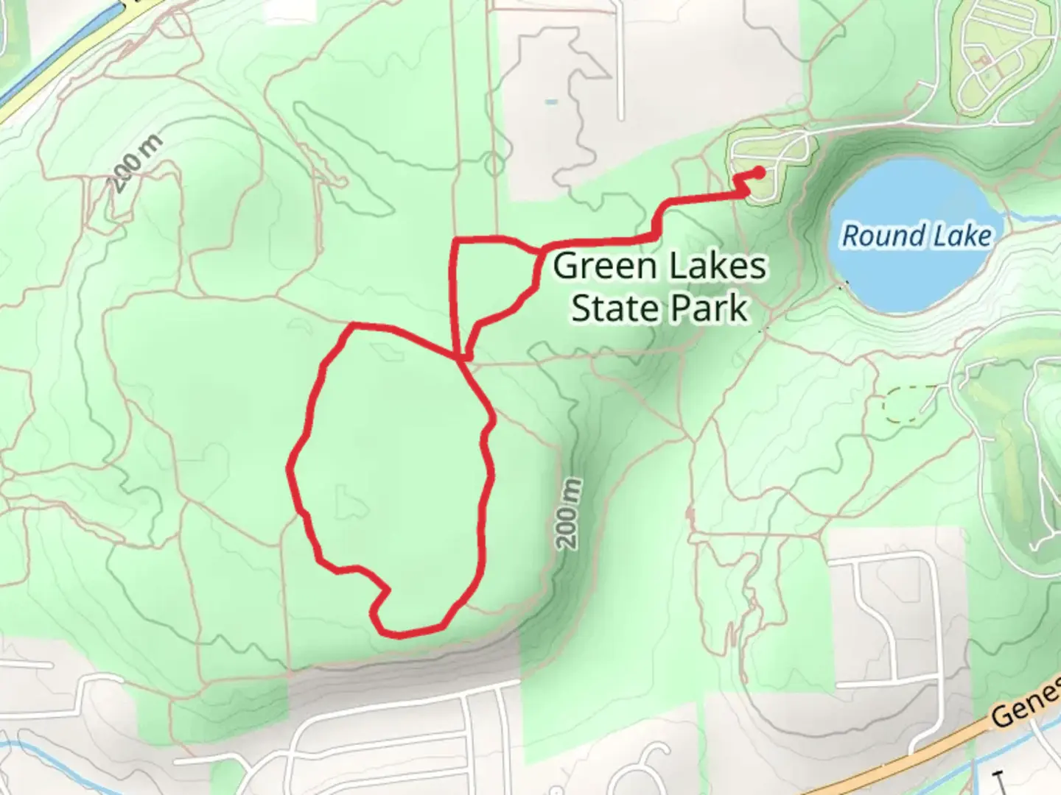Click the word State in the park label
615,308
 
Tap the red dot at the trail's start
758,172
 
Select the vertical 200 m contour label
570,514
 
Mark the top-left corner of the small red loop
455,241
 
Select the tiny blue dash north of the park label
551,102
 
